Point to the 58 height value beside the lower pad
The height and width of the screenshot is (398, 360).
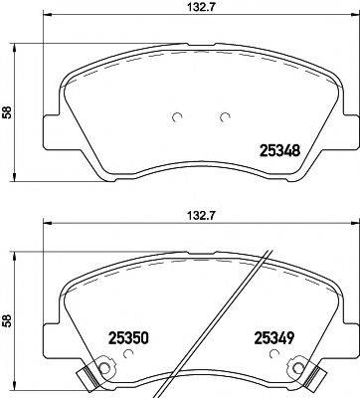pos(8,321)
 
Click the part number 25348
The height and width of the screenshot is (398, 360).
pos(279,152)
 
